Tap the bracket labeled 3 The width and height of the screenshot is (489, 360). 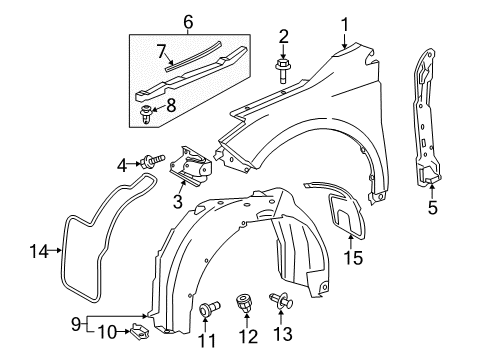(x=188, y=165)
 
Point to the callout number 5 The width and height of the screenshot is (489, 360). (x=432, y=207)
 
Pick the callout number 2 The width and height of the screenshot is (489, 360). (x=284, y=37)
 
